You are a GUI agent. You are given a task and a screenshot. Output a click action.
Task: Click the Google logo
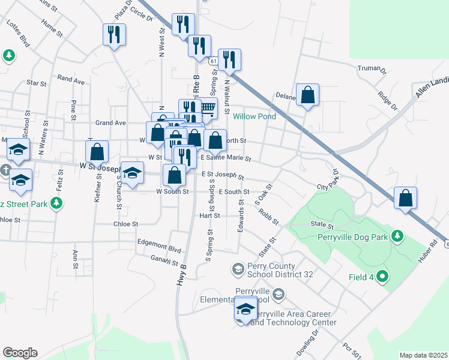pyautogui.click(x=20, y=353)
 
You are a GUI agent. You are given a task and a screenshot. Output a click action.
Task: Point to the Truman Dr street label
pyautogui.click(x=372, y=69)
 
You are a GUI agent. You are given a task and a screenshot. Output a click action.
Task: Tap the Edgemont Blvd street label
pyautogui.click(x=158, y=249)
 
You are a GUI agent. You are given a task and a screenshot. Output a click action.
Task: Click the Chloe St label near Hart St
pyautogui.click(x=125, y=224)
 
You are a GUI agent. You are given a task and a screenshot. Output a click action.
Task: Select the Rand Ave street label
pyautogui.click(x=71, y=79)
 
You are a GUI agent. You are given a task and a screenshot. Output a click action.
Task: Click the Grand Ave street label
pyautogui.click(x=110, y=122)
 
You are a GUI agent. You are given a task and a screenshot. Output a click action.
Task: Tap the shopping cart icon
pyautogui.click(x=207, y=108)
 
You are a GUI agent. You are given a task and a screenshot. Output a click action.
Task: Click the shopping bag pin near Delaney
pyautogui.click(x=307, y=95)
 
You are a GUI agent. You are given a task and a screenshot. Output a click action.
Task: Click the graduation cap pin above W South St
pyautogui.click(x=133, y=171)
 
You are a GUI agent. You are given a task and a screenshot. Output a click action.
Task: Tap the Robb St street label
pyautogui.click(x=269, y=216)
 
